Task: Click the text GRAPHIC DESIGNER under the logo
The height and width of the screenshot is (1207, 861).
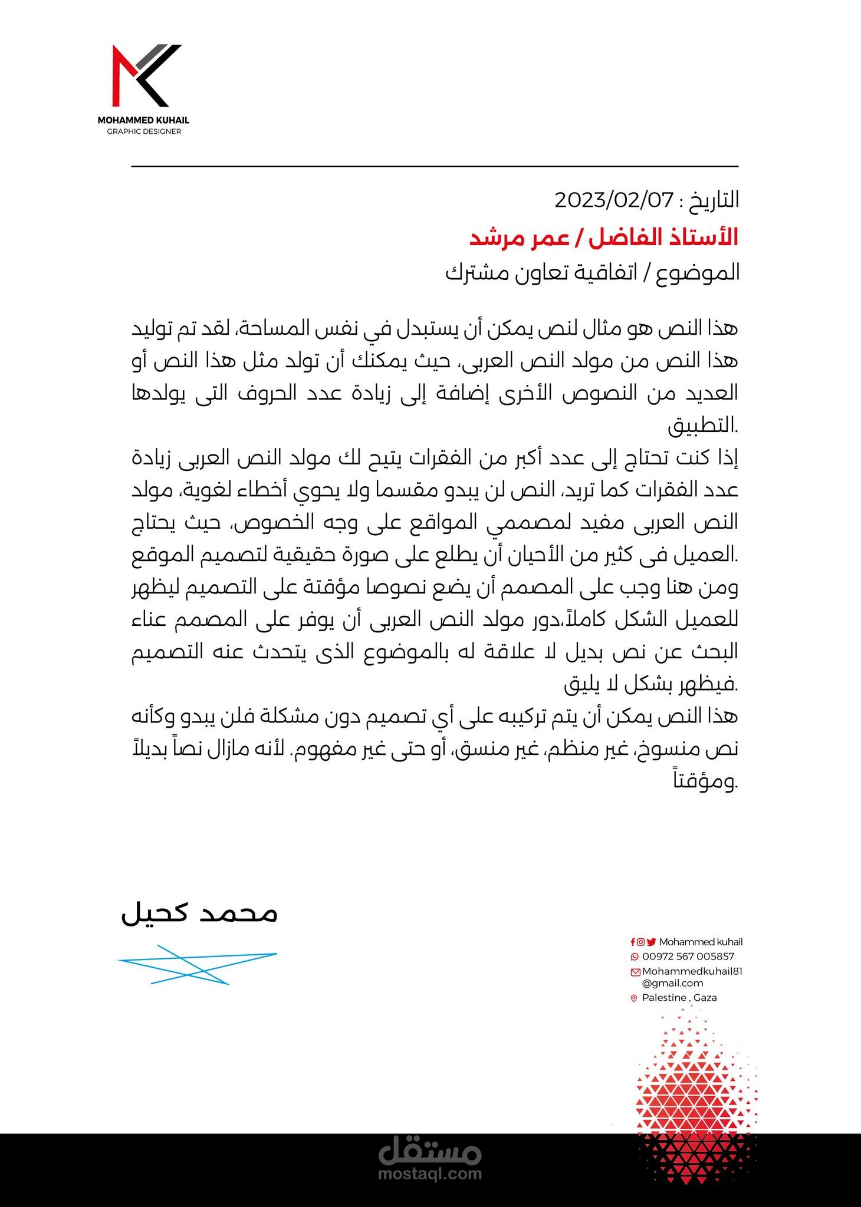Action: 144,131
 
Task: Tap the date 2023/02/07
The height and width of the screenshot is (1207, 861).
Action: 614,201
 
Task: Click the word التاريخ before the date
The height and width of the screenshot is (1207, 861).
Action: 713,201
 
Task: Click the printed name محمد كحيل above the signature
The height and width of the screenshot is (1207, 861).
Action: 199,914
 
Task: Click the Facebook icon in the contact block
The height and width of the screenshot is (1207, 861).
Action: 633,942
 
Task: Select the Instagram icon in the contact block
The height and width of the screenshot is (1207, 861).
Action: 640,942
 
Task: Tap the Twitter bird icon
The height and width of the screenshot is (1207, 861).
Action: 651,942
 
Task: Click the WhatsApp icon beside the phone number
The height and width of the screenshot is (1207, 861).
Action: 635,957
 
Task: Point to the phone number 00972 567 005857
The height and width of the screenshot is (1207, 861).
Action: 688,957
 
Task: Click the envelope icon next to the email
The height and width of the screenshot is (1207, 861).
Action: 635,972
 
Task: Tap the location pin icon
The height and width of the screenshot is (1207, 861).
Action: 635,998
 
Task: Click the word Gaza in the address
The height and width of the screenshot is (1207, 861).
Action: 705,998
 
